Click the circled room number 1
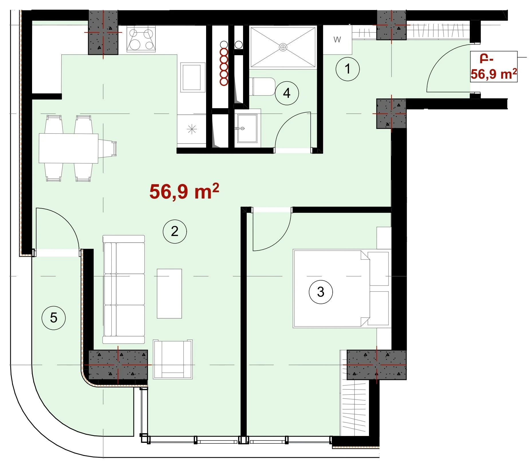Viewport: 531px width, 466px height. (348, 69)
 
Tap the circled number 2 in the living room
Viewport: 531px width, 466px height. (175, 231)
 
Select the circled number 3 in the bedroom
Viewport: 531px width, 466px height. (321, 292)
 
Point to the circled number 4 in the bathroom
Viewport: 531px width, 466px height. (287, 93)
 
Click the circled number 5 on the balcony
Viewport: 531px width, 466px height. (54, 318)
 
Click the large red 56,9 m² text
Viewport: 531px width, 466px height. (184, 191)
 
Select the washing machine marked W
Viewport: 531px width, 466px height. (337, 39)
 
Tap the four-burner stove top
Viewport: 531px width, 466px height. (141, 39)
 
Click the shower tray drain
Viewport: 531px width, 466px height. (283, 47)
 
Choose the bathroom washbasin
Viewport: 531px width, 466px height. (247, 128)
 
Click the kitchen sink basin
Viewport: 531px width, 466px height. (192, 77)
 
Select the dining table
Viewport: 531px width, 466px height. (68, 148)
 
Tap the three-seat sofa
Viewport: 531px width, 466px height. (124, 289)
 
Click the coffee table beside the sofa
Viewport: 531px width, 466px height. (169, 294)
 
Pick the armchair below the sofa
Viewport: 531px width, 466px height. (173, 359)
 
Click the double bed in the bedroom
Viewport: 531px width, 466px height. (342, 289)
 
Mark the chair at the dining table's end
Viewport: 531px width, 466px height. (108, 148)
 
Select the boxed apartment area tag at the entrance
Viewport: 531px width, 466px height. (494, 67)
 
